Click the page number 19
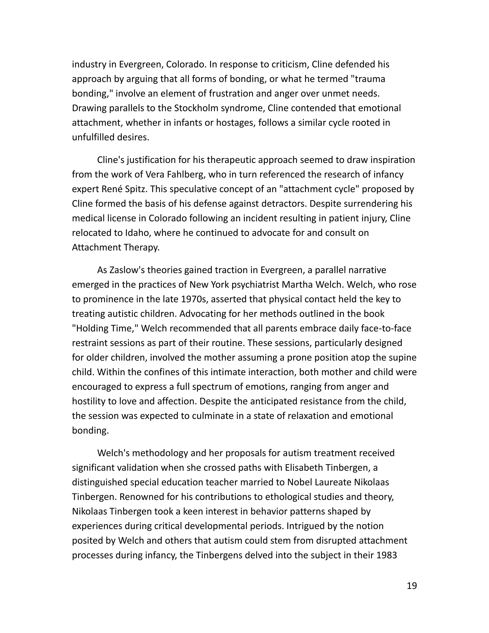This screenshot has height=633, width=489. [412, 586]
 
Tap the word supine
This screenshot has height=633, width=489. [402, 357]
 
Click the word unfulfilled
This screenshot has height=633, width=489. [93, 137]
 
